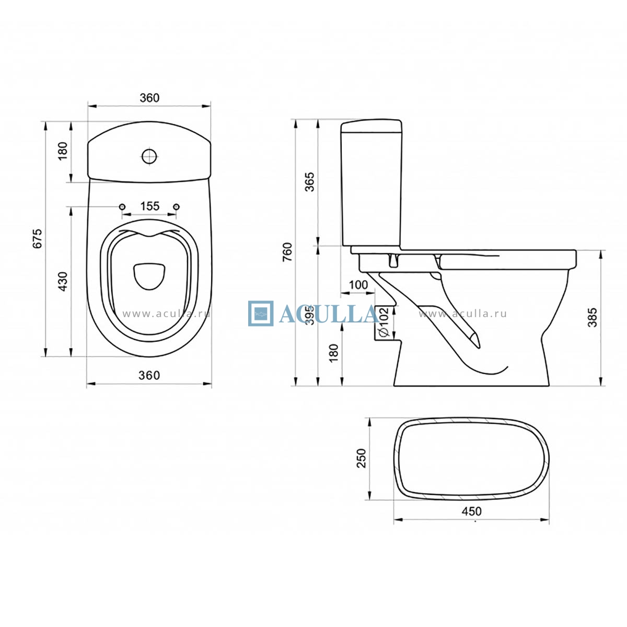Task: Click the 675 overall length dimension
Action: tap(38, 238)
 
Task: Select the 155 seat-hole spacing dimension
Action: tap(149, 206)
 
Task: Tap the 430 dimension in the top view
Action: tap(62, 282)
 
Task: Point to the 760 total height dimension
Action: tap(287, 252)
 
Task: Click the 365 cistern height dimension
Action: tap(310, 182)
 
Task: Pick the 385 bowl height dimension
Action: tap(593, 317)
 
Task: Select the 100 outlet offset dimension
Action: tap(358, 285)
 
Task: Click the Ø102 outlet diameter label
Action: tap(384, 322)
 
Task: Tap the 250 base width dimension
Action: tap(361, 458)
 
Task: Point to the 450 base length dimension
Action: tap(471, 511)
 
